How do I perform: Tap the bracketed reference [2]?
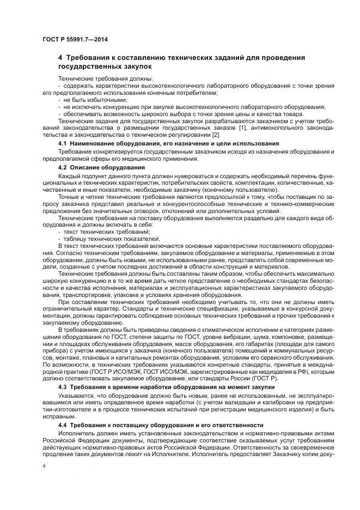tap(200, 135)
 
